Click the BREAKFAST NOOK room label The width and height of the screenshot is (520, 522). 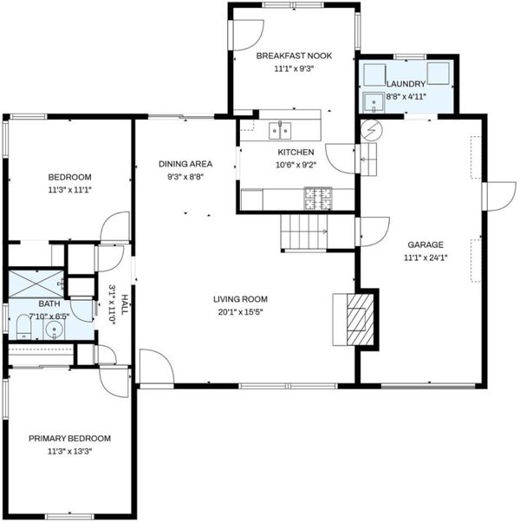(294, 55)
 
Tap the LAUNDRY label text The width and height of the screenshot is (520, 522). (406, 84)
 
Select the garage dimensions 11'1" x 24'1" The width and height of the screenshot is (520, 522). (426, 258)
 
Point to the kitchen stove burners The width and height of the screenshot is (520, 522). (318, 199)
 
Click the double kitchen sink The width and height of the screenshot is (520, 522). (280, 130)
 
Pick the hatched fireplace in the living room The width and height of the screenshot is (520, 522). (360, 319)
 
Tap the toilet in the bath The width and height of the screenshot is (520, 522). (23, 327)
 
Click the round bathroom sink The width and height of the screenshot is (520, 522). (55, 330)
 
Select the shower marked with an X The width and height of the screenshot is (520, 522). (36, 284)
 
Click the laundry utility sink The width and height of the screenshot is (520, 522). (374, 102)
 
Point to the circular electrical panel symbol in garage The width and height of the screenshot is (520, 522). (372, 130)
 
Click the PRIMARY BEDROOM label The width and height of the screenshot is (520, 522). (69, 439)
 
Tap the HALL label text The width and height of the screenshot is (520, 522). (125, 304)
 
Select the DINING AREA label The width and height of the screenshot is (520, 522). (185, 164)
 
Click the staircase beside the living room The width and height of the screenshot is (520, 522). (304, 232)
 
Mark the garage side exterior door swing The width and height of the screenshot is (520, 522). (502, 197)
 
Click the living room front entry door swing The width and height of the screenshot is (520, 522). (157, 366)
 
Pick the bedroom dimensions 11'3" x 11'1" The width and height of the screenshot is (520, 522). (69, 190)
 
